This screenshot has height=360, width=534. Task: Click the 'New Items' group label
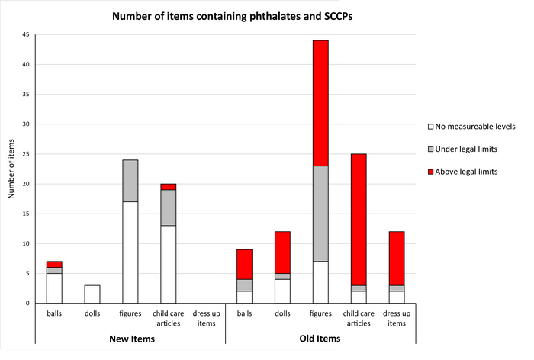click(x=130, y=339)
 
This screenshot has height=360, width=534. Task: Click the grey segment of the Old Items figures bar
click(x=320, y=214)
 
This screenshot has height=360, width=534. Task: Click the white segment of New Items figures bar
click(x=130, y=252)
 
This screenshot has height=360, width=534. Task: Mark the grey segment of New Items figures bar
click(x=130, y=181)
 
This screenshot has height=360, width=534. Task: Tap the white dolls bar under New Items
click(x=92, y=294)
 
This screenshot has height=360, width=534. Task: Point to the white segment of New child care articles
click(x=169, y=264)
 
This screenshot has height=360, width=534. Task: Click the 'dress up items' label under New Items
click(x=206, y=318)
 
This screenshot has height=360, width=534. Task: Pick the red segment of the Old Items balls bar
click(x=244, y=264)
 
